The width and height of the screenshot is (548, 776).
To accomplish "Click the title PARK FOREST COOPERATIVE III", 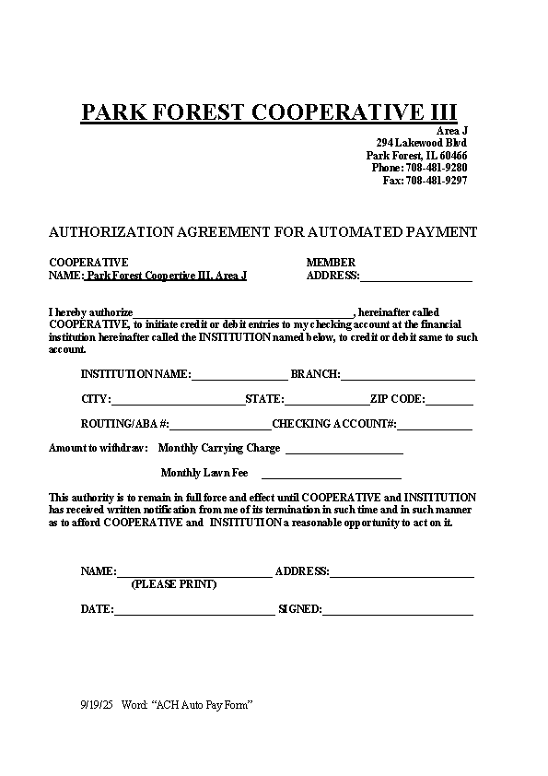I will (269, 112).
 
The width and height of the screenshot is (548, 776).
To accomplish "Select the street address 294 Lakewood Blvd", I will (421, 143).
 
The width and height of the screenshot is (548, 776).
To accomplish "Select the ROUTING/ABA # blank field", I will (220, 425).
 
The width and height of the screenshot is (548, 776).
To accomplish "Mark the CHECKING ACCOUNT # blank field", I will (434, 425).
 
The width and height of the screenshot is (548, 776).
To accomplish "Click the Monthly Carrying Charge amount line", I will (344, 450).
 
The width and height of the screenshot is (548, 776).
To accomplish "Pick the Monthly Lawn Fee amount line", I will (332, 475).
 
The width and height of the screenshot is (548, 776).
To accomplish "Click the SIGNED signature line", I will (397, 610).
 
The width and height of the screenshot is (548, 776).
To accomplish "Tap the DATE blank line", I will (193, 610).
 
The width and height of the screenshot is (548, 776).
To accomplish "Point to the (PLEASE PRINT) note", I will (174, 584).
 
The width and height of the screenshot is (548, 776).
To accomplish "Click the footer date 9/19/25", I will (96, 705).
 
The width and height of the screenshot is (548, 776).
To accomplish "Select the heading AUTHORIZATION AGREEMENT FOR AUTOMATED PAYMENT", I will (262, 232).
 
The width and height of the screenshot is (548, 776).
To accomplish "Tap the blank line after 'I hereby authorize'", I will (243, 313).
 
